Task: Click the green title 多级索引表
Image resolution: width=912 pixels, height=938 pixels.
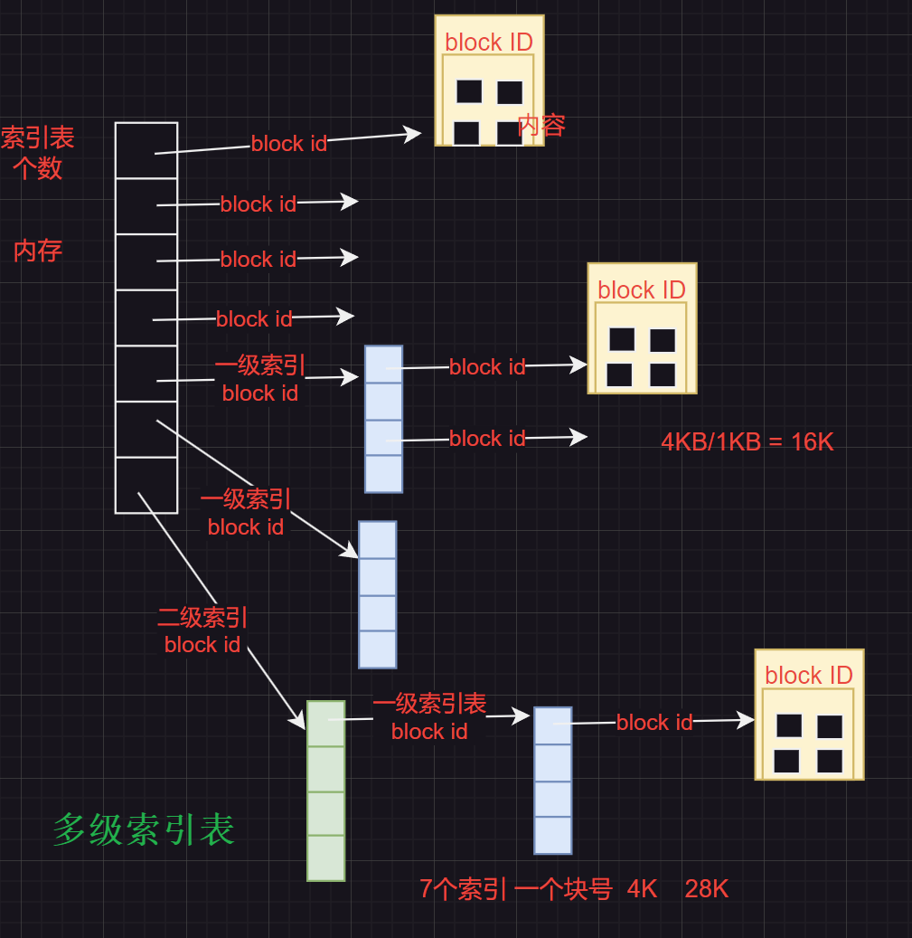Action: [144, 829]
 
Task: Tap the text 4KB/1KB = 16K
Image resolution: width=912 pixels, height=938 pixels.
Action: [747, 442]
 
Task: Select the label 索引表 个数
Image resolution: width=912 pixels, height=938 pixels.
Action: [37, 153]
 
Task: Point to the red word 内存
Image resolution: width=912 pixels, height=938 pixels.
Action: [38, 251]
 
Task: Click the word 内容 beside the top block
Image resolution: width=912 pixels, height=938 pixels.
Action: [541, 125]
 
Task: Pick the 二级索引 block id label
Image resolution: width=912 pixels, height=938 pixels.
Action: [202, 631]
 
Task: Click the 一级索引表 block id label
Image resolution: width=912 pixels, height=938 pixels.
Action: [429, 717]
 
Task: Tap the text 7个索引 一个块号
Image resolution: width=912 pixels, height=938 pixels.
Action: [516, 889]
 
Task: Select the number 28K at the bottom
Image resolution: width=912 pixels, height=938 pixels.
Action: [707, 889]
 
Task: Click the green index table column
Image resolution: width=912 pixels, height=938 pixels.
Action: [325, 791]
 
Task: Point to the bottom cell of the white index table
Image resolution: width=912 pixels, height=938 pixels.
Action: [146, 485]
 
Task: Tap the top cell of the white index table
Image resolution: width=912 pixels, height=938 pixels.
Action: [146, 150]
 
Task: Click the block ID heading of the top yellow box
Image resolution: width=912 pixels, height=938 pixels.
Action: [489, 42]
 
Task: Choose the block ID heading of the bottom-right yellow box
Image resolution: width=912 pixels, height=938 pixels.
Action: [809, 675]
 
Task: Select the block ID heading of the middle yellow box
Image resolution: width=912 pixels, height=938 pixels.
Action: [642, 289]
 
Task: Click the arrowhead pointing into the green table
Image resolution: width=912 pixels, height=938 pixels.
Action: [299, 722]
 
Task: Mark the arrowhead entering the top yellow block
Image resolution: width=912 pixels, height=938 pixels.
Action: [414, 134]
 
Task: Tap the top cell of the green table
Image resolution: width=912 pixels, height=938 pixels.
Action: [325, 724]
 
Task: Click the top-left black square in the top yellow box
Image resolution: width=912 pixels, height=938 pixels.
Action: [469, 91]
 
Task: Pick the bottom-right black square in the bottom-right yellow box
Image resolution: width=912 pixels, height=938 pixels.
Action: [830, 761]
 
